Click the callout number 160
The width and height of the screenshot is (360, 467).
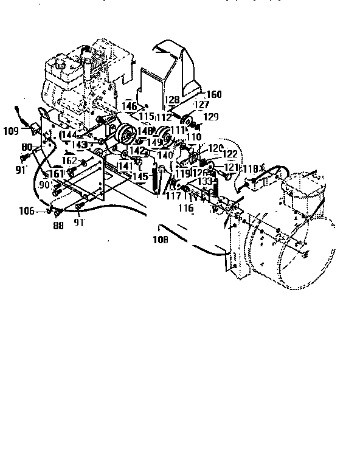(214, 94)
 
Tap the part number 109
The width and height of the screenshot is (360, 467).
(11, 130)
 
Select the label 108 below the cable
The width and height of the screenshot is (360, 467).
(161, 239)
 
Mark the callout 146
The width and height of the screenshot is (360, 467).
(130, 106)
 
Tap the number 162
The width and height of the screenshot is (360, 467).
(69, 161)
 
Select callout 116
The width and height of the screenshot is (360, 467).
(185, 208)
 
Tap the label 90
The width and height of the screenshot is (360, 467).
(44, 185)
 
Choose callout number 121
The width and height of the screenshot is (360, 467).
(231, 167)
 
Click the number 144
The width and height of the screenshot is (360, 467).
(67, 134)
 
